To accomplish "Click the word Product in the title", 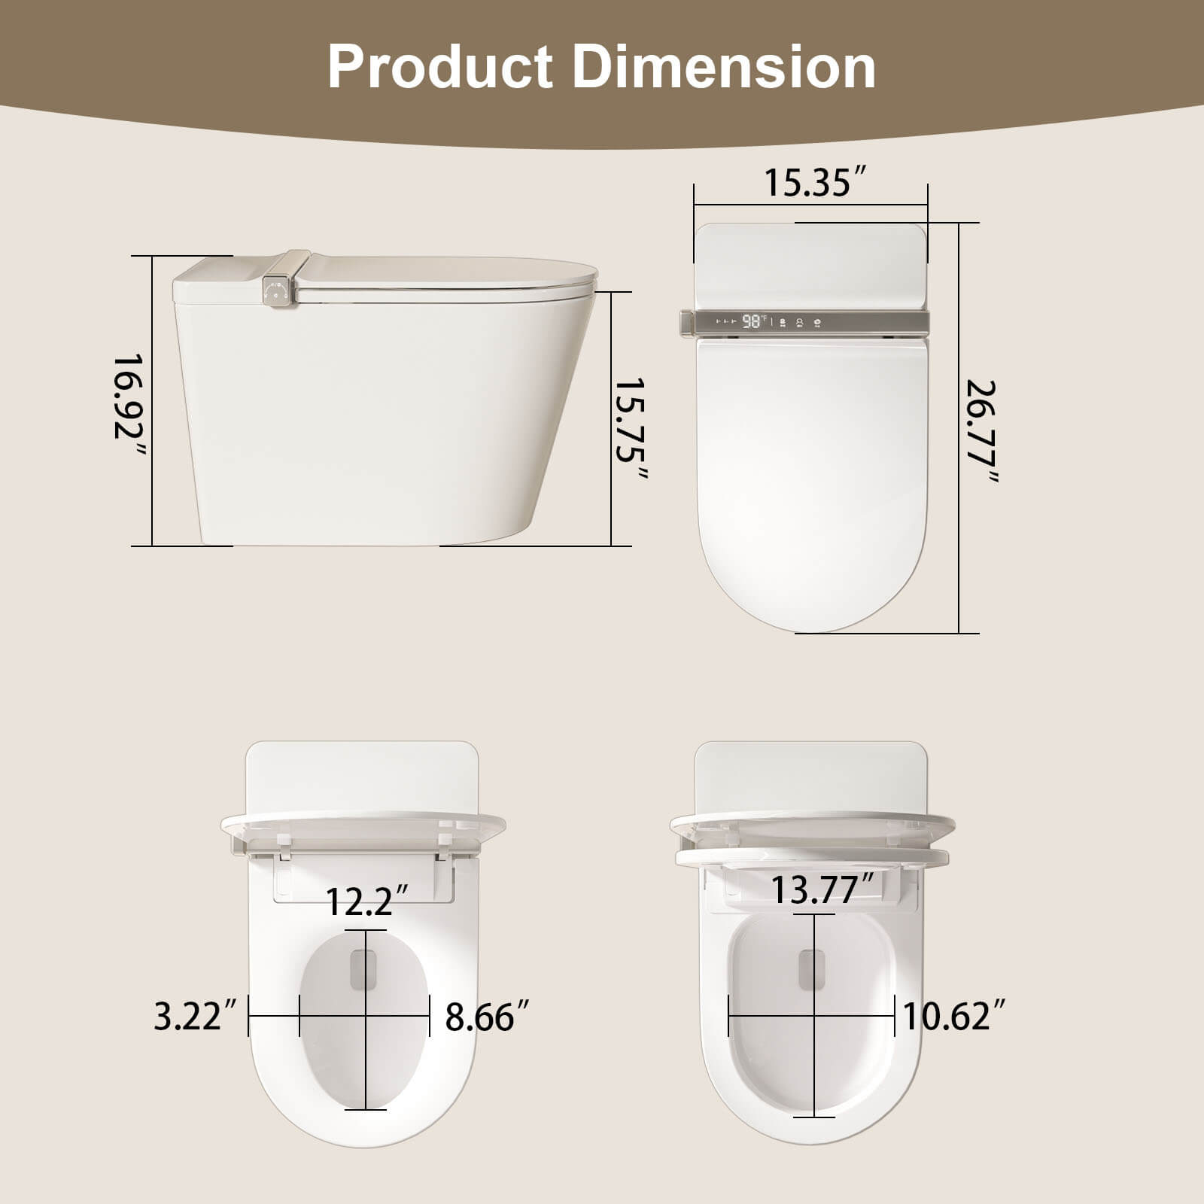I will coord(440,68).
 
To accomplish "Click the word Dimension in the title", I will coord(724,68).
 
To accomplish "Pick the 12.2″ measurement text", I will coord(367,901).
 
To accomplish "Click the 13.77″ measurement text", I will coord(824,890).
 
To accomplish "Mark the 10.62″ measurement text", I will coord(954,1017).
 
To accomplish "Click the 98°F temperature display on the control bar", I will coord(753,322).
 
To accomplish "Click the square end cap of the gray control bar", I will coord(685,323).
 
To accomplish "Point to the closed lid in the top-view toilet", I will coord(811,482).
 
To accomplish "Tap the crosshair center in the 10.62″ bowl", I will coord(814,1017).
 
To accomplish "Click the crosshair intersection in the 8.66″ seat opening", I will coord(366,1017).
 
